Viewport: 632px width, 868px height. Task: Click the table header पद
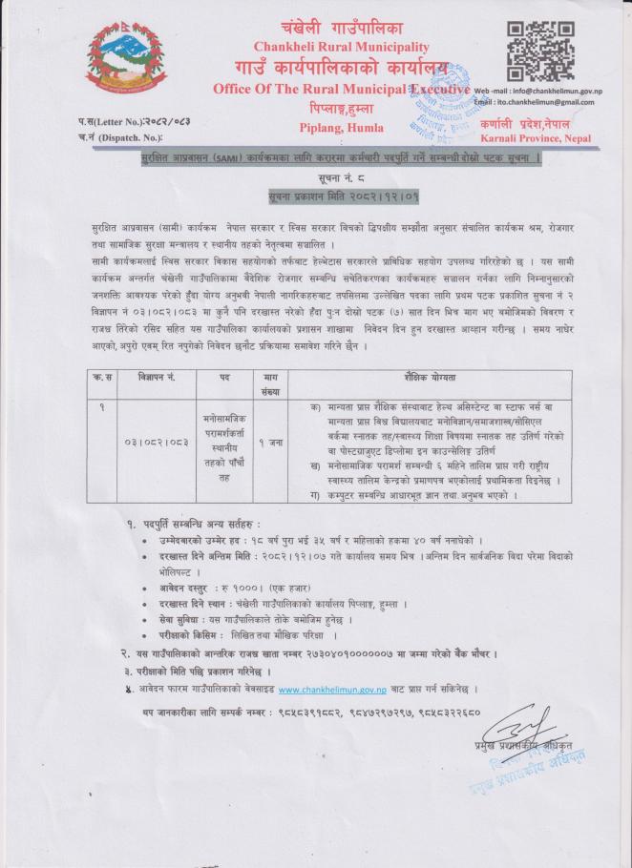[225, 378]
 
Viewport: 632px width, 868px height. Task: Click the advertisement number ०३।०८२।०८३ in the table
[159, 442]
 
